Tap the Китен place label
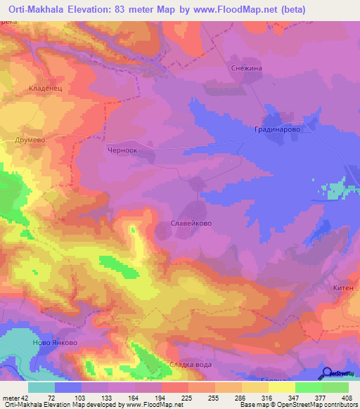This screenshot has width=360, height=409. [x=343, y=287]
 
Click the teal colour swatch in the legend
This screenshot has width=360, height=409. [x=41, y=387]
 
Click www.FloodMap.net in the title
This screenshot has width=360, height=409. [x=243, y=9]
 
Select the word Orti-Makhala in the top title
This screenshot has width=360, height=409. [x=37, y=9]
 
